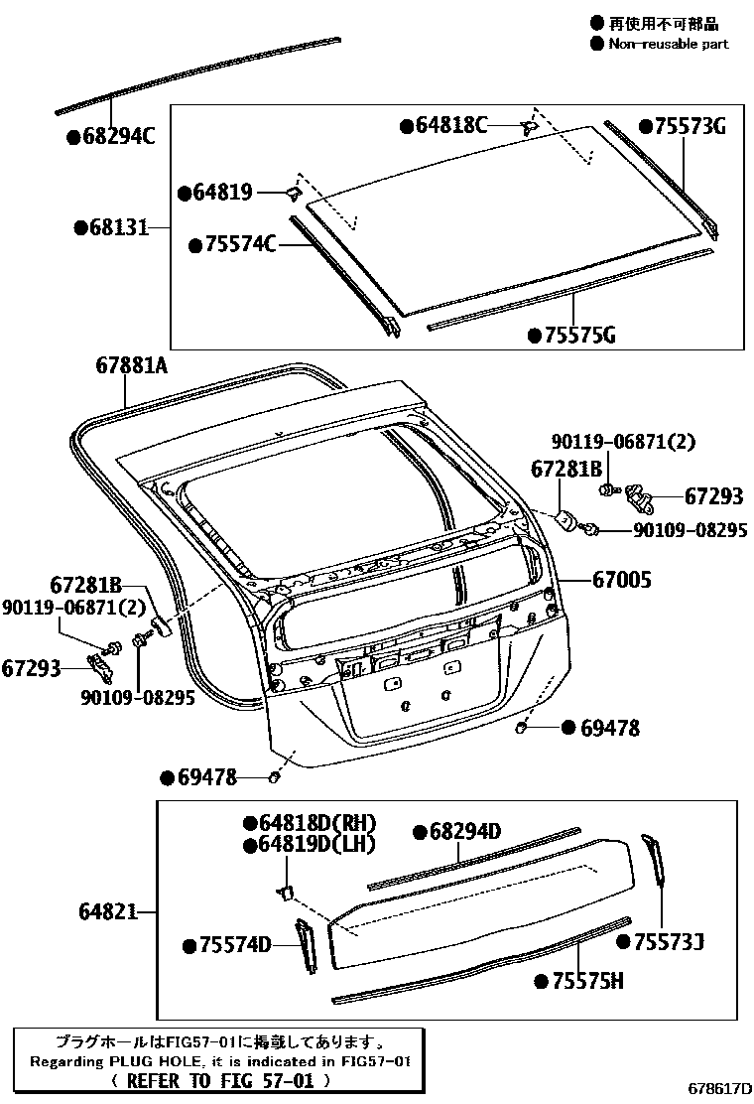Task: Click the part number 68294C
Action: click(x=118, y=137)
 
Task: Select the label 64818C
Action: click(x=451, y=125)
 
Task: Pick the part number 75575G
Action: click(x=578, y=335)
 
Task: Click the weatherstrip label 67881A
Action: click(x=132, y=366)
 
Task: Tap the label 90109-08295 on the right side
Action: click(x=691, y=531)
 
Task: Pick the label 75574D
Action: click(x=234, y=945)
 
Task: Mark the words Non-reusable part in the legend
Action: click(x=668, y=43)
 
